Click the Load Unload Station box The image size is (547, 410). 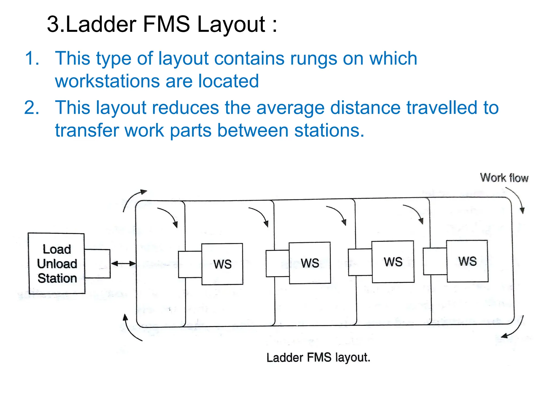point(57,263)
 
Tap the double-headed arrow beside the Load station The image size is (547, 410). point(123,264)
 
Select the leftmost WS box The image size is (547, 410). point(222,264)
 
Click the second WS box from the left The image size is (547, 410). point(310,263)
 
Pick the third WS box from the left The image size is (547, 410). point(393,262)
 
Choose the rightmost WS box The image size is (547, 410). point(467,261)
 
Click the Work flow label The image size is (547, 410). point(504,178)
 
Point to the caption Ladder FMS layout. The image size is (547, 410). point(318,357)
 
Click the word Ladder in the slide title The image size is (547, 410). point(101,24)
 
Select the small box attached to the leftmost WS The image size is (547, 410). point(190,264)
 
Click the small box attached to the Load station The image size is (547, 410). point(97,264)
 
